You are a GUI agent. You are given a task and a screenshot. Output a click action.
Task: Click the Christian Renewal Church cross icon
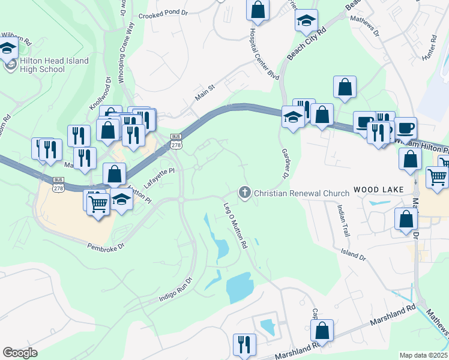pos(244,193)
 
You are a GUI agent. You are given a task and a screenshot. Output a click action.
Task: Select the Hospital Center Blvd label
pos(264,53)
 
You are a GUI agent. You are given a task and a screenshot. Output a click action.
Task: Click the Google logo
pos(20,352)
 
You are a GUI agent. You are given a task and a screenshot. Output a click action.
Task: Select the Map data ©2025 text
pos(423,355)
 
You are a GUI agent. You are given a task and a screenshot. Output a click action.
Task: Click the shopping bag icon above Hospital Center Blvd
pos(258,9)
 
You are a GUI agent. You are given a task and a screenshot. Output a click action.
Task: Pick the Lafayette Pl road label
pos(158,178)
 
